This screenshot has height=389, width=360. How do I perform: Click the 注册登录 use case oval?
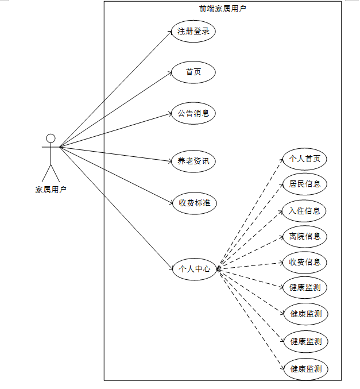[193, 31]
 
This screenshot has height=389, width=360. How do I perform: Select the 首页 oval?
[193, 72]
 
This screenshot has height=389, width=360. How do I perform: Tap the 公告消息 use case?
[193, 113]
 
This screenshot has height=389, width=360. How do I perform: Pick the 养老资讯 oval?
[193, 161]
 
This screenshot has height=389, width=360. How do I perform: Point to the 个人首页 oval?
[304, 159]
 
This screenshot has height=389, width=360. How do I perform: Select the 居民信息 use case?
[304, 184]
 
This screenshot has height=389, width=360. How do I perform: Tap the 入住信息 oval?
[304, 210]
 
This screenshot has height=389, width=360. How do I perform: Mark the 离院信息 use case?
[304, 236]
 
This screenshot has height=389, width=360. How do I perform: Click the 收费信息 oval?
[304, 262]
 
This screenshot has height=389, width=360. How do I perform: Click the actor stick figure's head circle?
[51, 138]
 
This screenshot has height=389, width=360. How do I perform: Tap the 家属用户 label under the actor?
[51, 189]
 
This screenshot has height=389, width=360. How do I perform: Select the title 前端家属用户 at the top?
[223, 8]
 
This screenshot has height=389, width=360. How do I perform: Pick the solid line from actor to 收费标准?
[115, 175]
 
